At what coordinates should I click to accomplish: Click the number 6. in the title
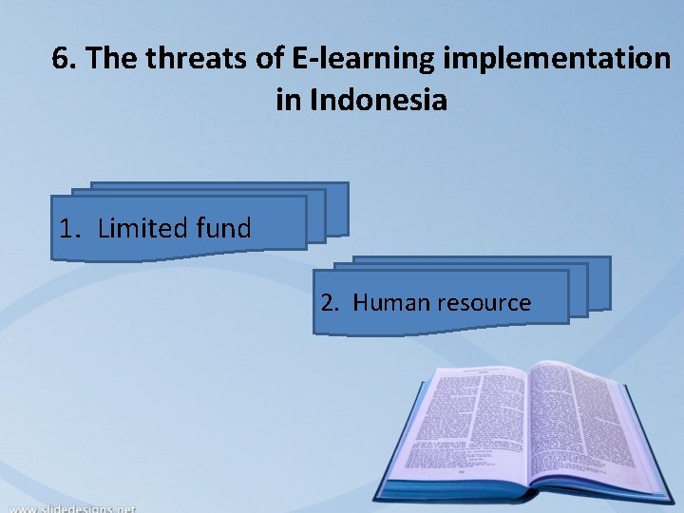point(64,60)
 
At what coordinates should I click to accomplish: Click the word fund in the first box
point(223,228)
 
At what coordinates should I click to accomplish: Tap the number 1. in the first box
point(69,228)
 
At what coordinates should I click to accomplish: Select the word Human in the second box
point(391,303)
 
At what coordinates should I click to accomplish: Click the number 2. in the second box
point(330,303)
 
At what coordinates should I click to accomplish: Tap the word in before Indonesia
point(288,99)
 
